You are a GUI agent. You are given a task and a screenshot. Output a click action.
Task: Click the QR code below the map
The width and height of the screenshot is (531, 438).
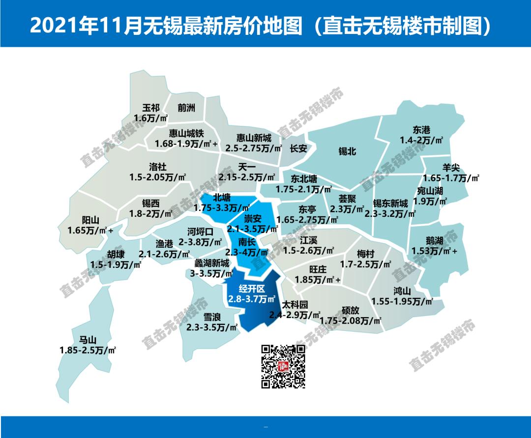click(283, 366)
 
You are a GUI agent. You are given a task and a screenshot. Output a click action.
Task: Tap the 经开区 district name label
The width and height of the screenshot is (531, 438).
click(251, 289)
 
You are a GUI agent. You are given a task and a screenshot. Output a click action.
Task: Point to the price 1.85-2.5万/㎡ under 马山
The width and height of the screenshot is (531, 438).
click(88, 350)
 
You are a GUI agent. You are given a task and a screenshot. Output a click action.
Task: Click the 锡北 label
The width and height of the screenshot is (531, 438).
click(347, 152)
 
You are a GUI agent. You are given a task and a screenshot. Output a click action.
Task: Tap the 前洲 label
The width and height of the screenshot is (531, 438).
click(186, 108)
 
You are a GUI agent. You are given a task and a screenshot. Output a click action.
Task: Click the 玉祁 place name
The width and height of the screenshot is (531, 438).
click(151, 108)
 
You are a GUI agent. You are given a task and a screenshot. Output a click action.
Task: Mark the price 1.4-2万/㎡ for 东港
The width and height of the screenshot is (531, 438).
click(421, 140)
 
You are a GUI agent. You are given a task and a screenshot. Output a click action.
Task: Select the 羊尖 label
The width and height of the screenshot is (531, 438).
click(451, 168)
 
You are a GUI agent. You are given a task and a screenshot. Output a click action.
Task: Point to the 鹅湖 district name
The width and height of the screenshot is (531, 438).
click(435, 241)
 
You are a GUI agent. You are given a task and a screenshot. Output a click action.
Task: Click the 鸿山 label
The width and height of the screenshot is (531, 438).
click(402, 290)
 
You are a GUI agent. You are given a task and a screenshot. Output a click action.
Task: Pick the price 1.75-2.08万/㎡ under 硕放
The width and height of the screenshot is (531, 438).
click(351, 321)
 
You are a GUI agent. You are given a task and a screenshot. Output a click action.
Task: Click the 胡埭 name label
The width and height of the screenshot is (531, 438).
click(116, 254)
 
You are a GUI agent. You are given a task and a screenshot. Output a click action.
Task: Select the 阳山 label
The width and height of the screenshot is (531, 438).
click(90, 220)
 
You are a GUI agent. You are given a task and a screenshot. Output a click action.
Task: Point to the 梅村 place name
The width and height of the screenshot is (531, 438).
click(365, 254)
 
